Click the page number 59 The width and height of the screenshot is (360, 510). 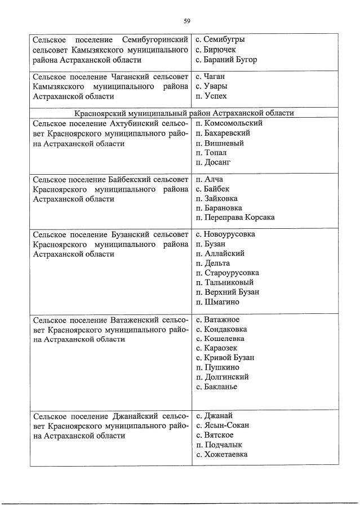[186, 21]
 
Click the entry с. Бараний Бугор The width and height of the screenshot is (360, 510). [226, 60]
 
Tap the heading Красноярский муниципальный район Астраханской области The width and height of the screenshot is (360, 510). [184, 113]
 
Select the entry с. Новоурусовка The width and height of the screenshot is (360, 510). [225, 234]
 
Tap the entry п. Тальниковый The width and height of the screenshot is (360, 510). [224, 282]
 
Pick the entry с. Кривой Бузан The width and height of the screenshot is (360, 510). [225, 358]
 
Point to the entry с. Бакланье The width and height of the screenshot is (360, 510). [216, 387]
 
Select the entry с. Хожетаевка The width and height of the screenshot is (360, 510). [221, 454]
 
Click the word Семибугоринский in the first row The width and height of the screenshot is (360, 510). [155, 41]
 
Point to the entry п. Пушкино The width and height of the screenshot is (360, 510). [214, 367]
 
